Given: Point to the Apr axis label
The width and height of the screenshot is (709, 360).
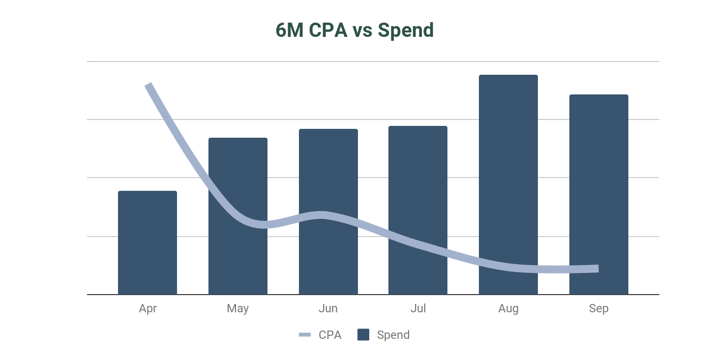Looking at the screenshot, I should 148,308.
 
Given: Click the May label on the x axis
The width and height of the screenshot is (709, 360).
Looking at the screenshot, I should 238,308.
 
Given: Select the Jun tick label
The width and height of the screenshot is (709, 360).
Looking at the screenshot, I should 328,308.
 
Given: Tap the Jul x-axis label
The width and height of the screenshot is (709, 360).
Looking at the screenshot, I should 418,308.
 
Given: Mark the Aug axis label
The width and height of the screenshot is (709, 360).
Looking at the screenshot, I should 508,308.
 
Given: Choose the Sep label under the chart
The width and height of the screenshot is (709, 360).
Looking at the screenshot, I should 599,308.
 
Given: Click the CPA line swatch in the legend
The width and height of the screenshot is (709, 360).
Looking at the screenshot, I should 305,335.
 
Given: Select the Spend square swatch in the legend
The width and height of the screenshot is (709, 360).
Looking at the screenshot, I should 363,335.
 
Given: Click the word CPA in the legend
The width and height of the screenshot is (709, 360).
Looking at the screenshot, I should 330,335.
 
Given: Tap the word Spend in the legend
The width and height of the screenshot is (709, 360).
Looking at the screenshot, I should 393,335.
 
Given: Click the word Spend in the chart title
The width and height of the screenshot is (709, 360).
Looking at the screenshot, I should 406,30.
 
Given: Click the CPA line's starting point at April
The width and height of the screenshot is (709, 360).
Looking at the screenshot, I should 148,85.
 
